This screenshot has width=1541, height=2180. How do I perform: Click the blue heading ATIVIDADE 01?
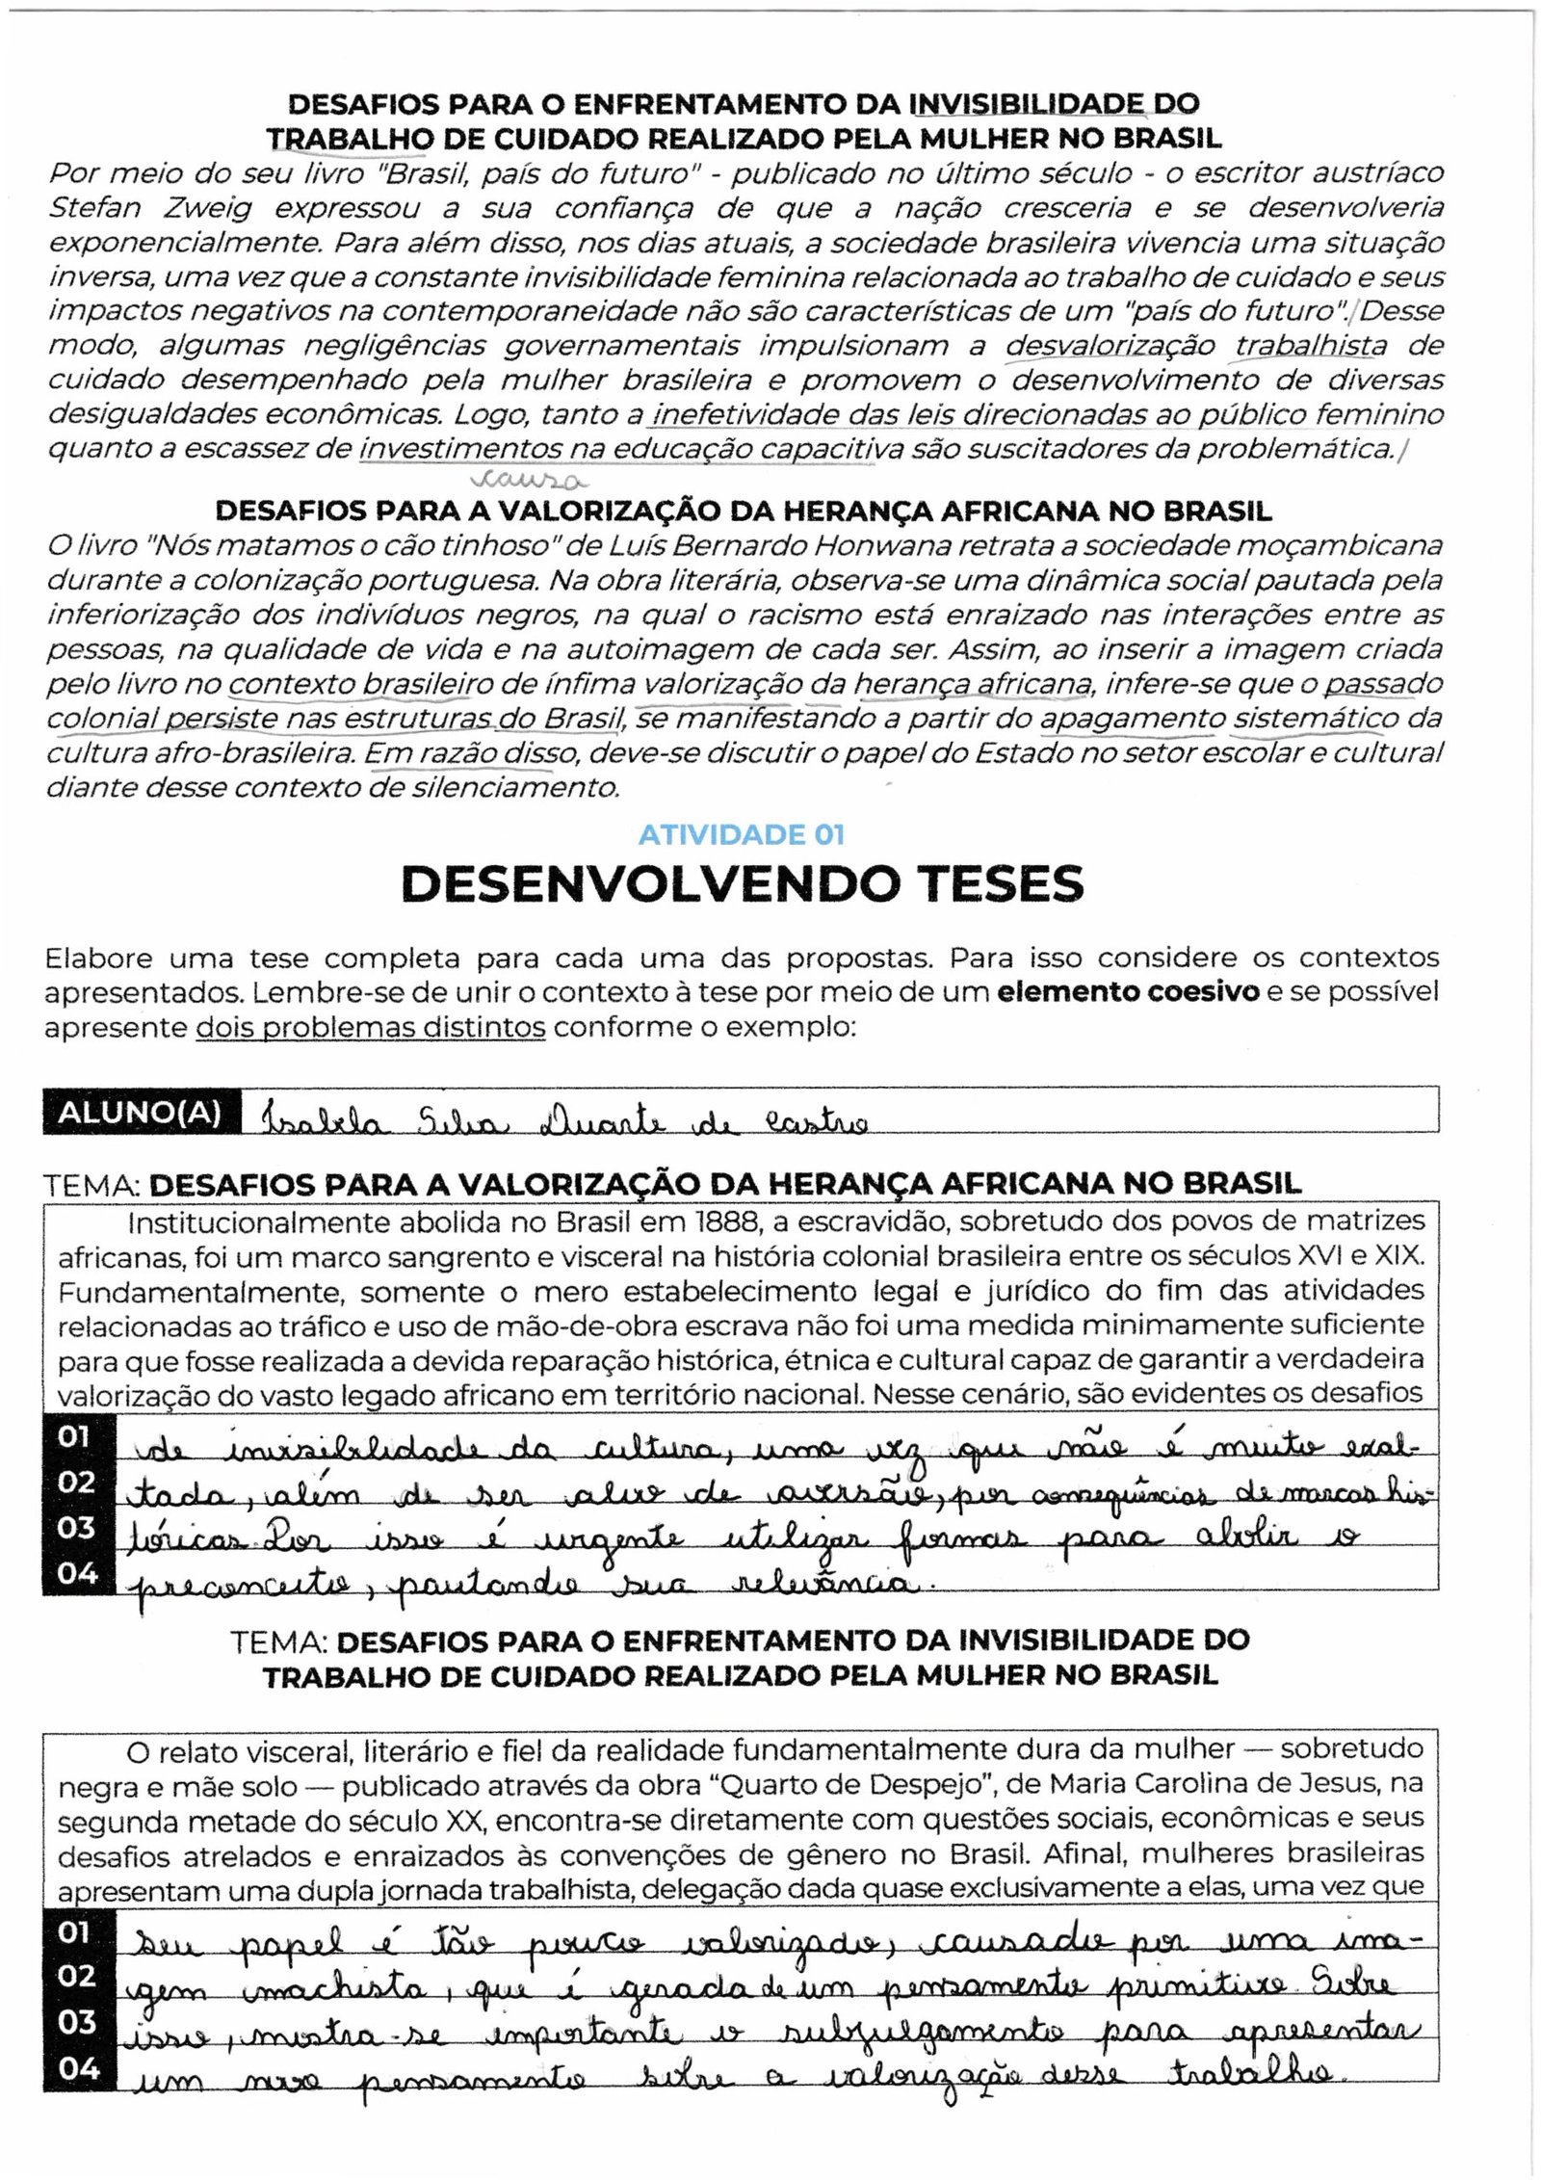(742, 834)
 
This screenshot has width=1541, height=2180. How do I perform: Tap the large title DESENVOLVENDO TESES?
(742, 884)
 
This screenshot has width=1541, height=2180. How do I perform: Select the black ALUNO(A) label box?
(141, 1113)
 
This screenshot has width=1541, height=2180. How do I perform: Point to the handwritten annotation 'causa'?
(529, 479)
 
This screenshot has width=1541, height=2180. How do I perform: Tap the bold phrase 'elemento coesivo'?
(1128, 992)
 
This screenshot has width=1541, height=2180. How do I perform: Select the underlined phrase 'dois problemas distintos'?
(371, 1027)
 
